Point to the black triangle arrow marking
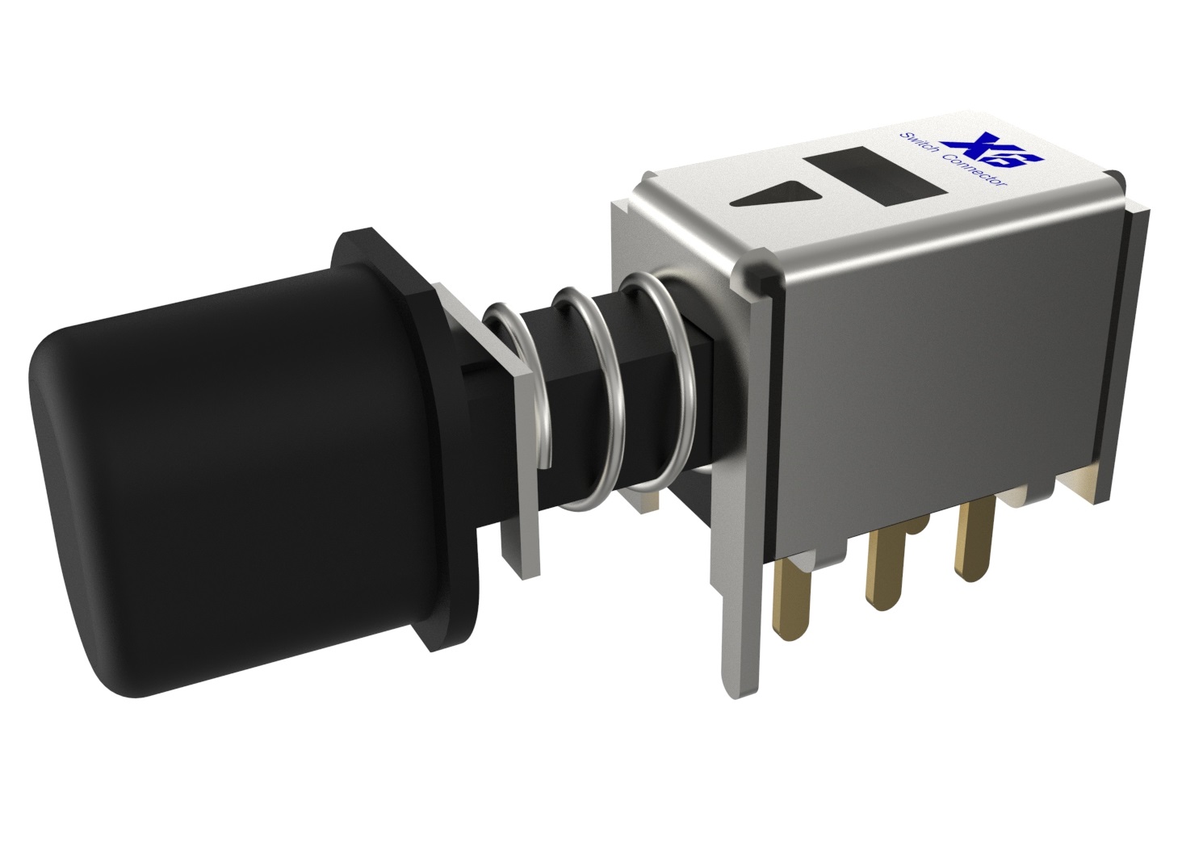click(x=781, y=195)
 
